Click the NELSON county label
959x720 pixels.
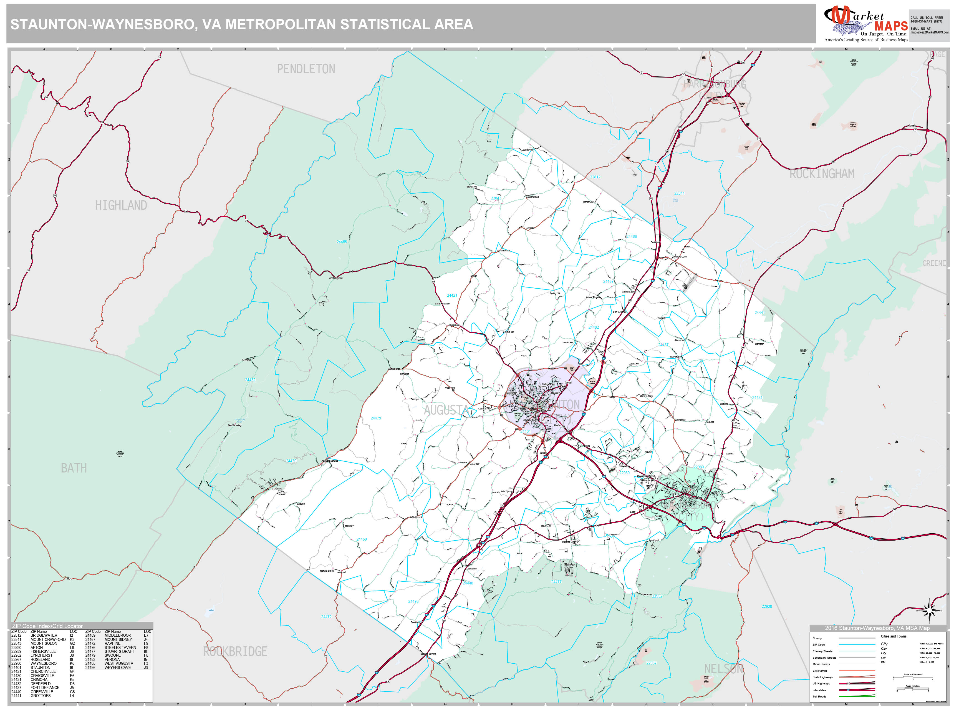(723, 669)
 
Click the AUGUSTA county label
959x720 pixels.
(446, 410)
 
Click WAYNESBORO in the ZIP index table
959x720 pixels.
(43, 663)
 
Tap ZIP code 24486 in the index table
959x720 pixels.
(90, 667)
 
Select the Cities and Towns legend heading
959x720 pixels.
(893, 636)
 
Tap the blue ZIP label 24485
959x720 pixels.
(342, 242)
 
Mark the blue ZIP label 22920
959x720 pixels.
(766, 606)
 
